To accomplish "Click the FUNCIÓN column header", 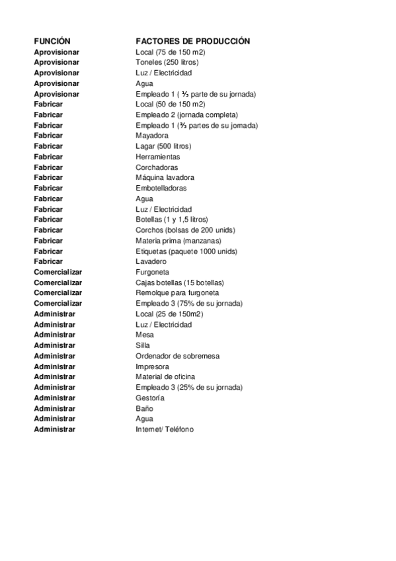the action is pos(52,41).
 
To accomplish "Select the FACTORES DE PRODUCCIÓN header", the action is pos(192,41).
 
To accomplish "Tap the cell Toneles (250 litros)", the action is pos(167,62).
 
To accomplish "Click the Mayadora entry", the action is pos(152,136).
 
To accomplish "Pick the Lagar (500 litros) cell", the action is pos(163,146).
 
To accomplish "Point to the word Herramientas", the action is pos(157,157).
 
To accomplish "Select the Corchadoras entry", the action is pos(157,167).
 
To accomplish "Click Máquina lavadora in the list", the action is pos(165,177).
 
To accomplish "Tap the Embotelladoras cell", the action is pos(161,188).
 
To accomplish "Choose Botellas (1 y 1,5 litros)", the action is pos(172,219).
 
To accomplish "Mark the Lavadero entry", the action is pos(151,261).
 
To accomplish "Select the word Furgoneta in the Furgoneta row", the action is pos(152,272).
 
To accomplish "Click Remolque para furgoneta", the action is pos(177,292).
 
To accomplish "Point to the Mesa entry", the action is pos(144,335).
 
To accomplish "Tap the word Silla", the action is pos(143,345).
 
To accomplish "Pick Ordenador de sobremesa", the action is pos(177,356).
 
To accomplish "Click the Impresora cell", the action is pos(152,367).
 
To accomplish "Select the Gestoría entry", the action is pos(150,398).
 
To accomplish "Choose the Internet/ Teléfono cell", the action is pos(165,429).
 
